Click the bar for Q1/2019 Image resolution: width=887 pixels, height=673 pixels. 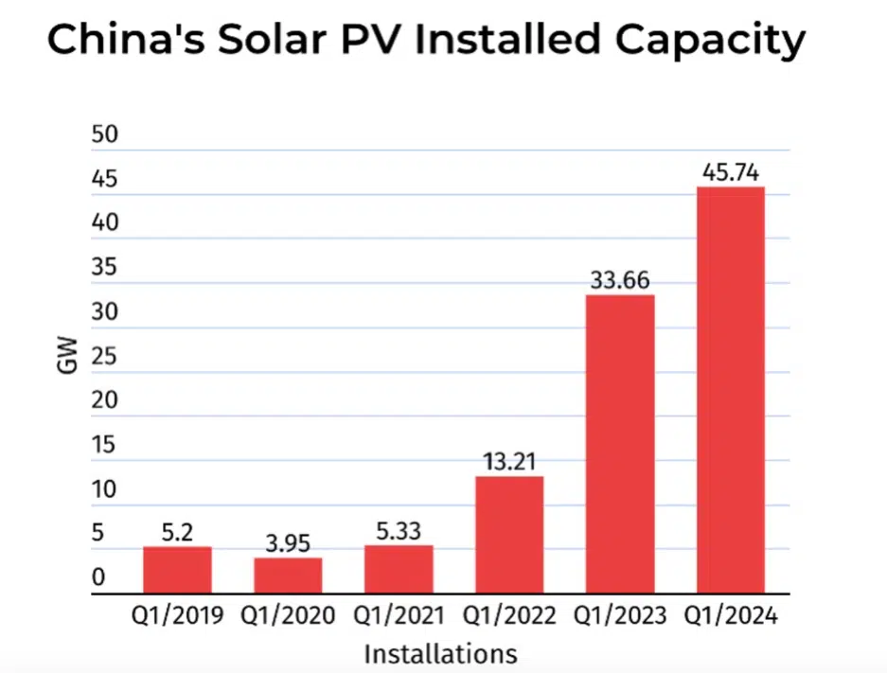[x=177, y=570]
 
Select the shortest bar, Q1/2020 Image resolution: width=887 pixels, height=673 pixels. [x=288, y=576]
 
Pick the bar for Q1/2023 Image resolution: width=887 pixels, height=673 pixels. [x=620, y=444]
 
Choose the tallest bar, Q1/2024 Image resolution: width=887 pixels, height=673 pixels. [x=730, y=390]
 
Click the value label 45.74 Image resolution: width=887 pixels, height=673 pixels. [x=730, y=173]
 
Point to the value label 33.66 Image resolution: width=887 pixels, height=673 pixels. [x=620, y=281]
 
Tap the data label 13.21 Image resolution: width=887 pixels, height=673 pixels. [x=509, y=463]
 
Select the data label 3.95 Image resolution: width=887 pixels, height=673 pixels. [x=288, y=544]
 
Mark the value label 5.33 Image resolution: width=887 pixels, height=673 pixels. [x=399, y=532]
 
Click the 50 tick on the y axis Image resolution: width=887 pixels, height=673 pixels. [x=104, y=135]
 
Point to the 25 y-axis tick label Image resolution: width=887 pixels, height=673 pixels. [x=104, y=357]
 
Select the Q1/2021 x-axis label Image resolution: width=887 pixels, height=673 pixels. [x=399, y=616]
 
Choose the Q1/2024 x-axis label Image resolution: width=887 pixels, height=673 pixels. [x=730, y=616]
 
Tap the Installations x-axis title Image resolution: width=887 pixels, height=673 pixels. [x=441, y=653]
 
